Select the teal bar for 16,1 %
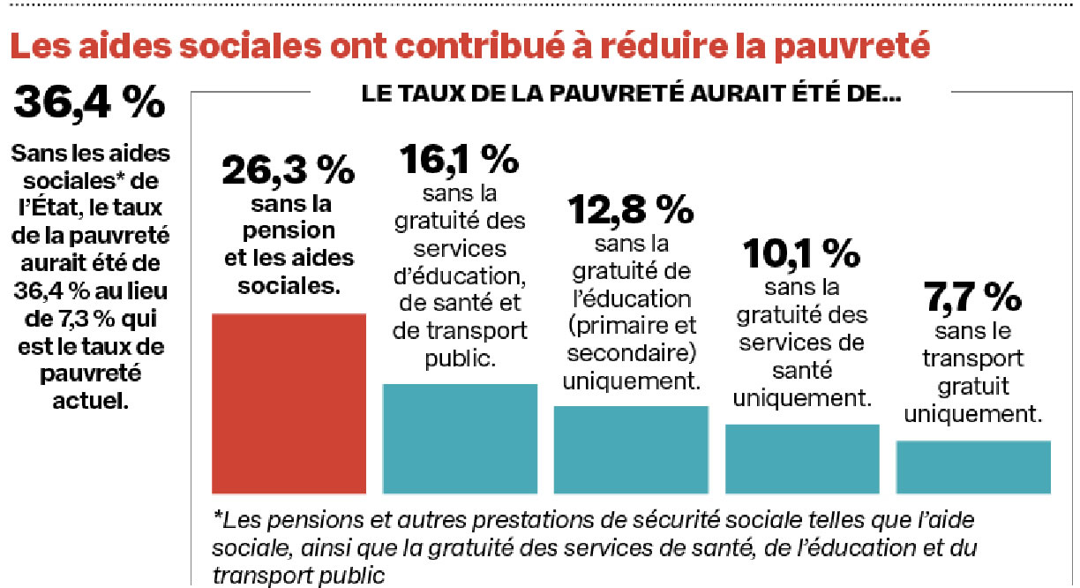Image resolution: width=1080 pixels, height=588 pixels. [x=459, y=438]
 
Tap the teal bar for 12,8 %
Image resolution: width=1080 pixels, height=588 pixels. [x=630, y=449]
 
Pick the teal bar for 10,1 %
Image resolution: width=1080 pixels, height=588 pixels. [x=802, y=458]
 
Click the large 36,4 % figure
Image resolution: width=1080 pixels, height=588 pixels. [x=89, y=103]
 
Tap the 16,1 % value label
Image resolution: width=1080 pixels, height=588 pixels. [x=459, y=159]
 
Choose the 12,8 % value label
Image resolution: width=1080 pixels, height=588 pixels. [x=630, y=210]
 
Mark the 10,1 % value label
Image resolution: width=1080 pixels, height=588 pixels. [x=801, y=254]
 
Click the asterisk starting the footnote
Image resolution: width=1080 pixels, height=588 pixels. [x=217, y=516]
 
